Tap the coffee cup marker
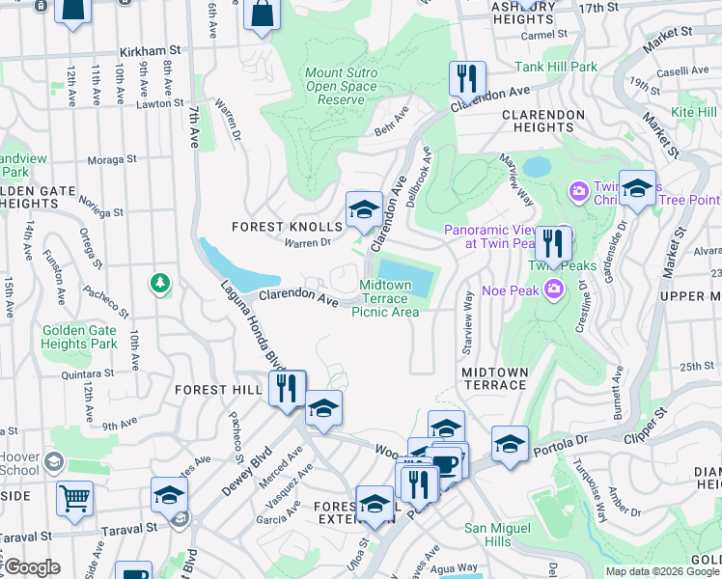(445, 464)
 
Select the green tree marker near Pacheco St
(160, 284)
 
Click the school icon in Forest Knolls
(363, 208)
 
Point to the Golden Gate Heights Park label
(79, 337)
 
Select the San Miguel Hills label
(498, 535)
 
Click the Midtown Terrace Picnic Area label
(385, 298)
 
